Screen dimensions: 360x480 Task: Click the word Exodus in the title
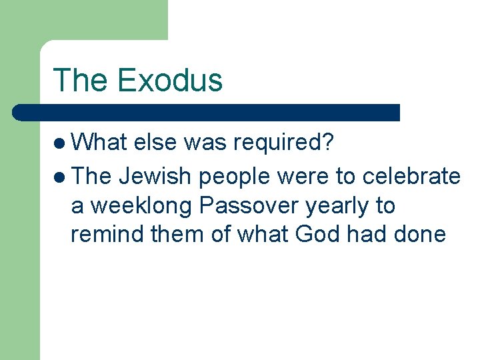(x=169, y=80)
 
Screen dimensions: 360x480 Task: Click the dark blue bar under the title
(x=207, y=112)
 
